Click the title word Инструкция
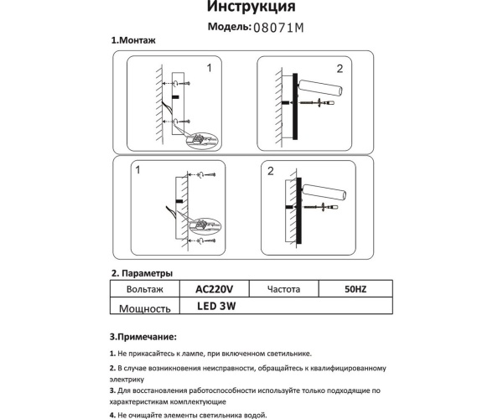(x=250, y=8)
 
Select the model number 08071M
(x=277, y=28)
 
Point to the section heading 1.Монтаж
(x=134, y=41)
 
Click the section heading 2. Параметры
(x=143, y=273)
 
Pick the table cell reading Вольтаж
(x=144, y=289)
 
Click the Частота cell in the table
(x=283, y=289)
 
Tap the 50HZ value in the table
(x=355, y=289)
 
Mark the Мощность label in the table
(x=144, y=308)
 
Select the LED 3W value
(x=216, y=307)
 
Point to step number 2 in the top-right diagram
(x=340, y=69)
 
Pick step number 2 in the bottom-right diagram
(x=270, y=172)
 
